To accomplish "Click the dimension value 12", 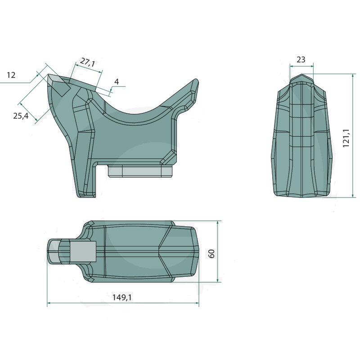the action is pyautogui.click(x=11, y=75).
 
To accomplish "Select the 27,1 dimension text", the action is pyautogui.click(x=87, y=62).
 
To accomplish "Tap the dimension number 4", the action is pyautogui.click(x=117, y=81).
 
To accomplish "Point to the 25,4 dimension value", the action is pyautogui.click(x=21, y=116).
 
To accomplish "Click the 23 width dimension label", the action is pyautogui.click(x=301, y=59).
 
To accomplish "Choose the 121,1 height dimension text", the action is pyautogui.click(x=346, y=138).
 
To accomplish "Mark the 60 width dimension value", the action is pyautogui.click(x=211, y=253).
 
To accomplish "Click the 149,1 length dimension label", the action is pyautogui.click(x=122, y=297).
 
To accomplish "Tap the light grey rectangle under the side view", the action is pyautogui.click(x=140, y=171).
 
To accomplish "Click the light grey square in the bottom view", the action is pyautogui.click(x=83, y=252).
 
